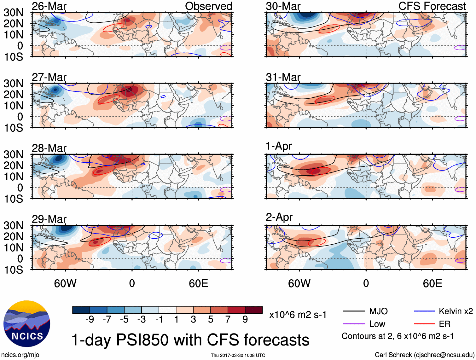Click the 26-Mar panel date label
49,6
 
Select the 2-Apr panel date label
279,217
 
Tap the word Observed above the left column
208,6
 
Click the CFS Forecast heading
432,6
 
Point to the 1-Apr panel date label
279,146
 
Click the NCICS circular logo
27,324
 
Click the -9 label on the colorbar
90,320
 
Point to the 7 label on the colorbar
228,320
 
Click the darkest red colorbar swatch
254,310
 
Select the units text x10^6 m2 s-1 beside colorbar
298,315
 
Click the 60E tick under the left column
198,283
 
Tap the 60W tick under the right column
299,283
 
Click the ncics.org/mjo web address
20,355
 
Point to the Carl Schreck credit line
424,355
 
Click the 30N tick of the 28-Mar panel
13,154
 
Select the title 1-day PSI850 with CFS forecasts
190,340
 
